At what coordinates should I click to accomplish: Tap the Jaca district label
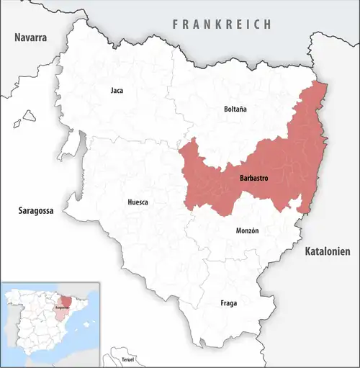(117, 91)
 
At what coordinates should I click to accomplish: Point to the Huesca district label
(137, 202)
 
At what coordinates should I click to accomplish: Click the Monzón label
(247, 230)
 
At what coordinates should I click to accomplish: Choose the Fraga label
(228, 302)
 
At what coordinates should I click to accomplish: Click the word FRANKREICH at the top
(222, 24)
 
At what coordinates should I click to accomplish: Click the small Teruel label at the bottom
(128, 358)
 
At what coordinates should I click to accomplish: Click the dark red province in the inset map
(66, 302)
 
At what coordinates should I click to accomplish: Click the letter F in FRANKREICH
(175, 24)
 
